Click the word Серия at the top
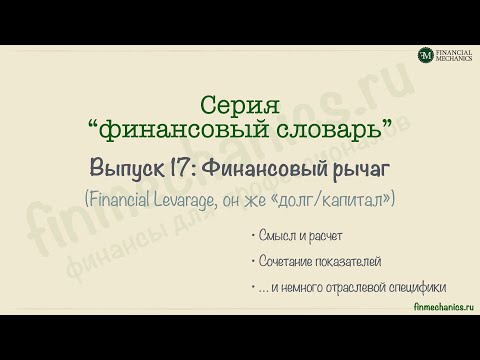click(x=241, y=105)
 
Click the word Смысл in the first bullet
click(x=273, y=237)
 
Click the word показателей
click(x=350, y=261)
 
